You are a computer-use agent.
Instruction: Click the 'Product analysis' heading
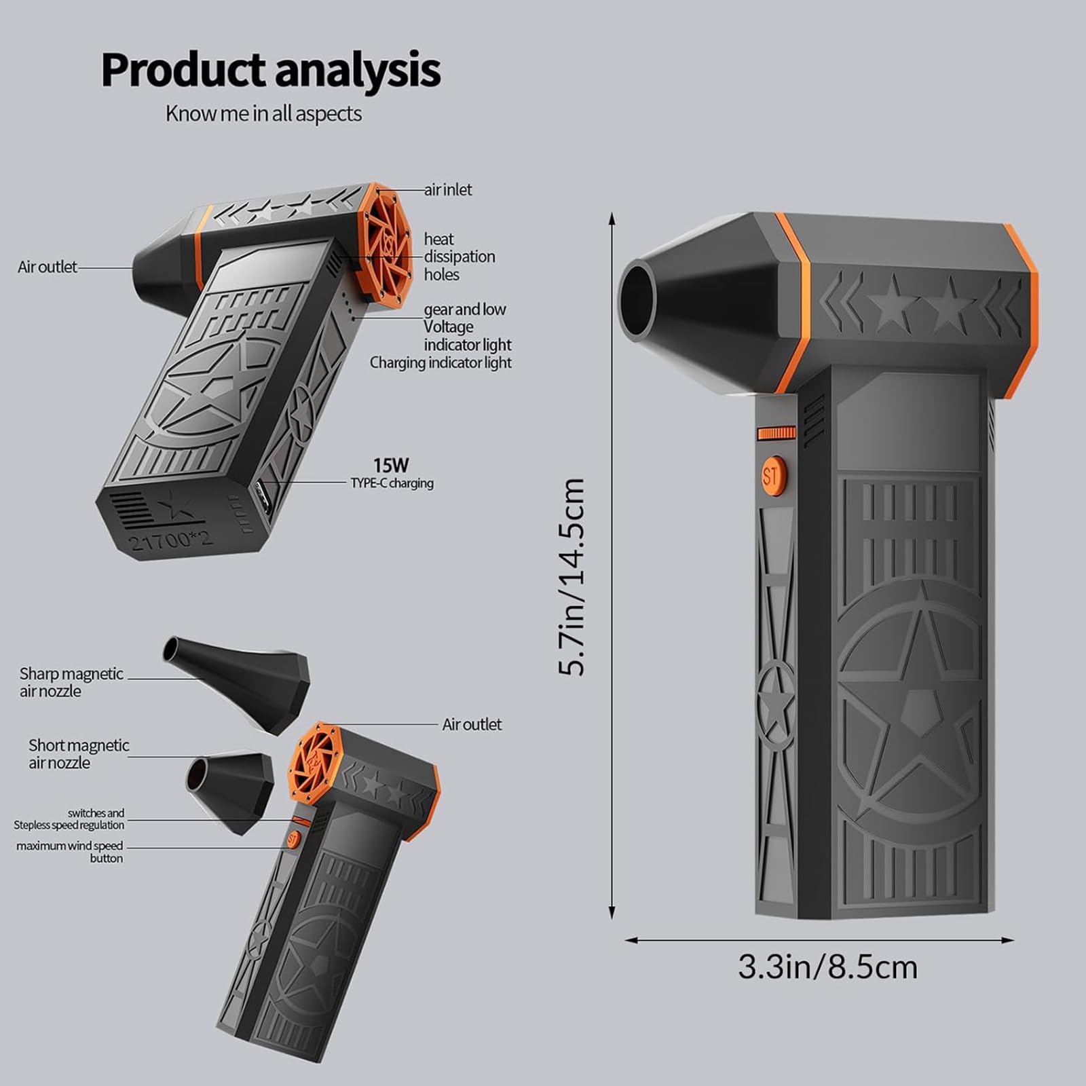271,71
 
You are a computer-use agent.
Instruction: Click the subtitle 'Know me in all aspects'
263,113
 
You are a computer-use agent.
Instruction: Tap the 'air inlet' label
448,189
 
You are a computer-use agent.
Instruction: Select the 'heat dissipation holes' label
460,257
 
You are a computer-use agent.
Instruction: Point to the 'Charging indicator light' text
441,362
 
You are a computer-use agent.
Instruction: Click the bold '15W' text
391,465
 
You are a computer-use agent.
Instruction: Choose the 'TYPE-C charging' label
392,483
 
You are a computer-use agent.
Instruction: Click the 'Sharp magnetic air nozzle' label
71,682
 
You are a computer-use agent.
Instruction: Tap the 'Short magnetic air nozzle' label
79,754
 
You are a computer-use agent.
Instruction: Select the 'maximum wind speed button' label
70,852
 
